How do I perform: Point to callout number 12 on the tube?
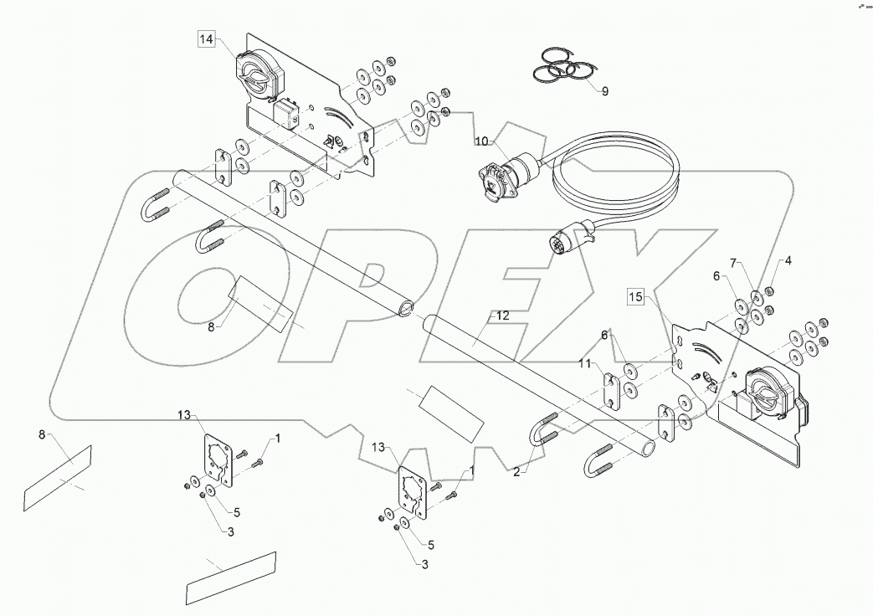502,316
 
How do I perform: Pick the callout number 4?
788,260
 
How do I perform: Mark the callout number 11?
585,363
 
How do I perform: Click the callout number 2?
517,472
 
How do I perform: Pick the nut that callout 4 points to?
772,290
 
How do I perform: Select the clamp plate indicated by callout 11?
611,390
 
